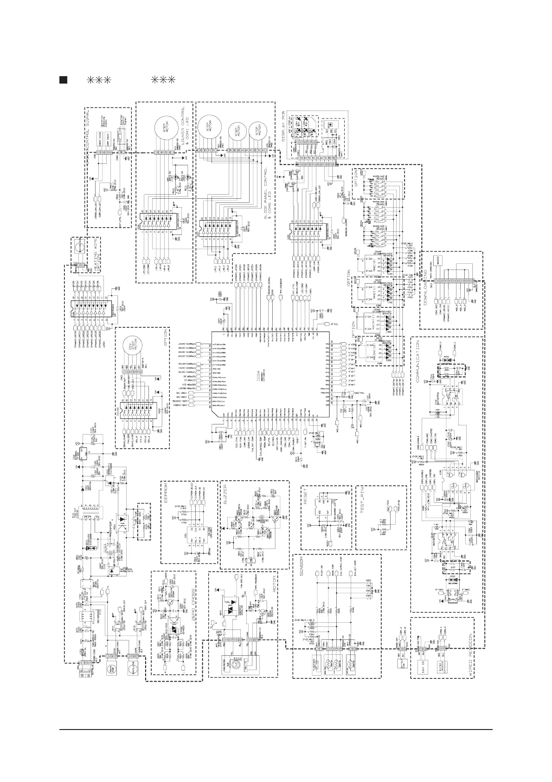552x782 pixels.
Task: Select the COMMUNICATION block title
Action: click(417, 363)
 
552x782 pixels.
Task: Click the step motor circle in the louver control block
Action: click(166, 128)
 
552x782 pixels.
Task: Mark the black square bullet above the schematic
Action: click(64, 79)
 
